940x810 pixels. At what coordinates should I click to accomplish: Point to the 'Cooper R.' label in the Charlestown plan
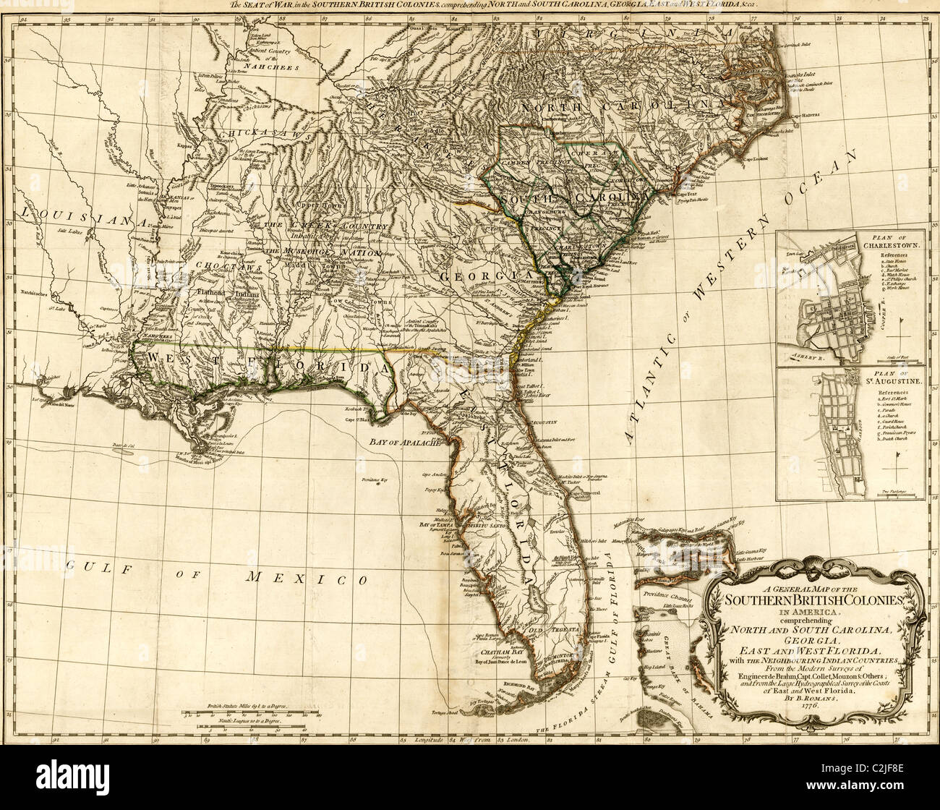click(x=884, y=312)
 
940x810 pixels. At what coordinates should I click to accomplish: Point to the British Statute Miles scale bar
click(x=246, y=713)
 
